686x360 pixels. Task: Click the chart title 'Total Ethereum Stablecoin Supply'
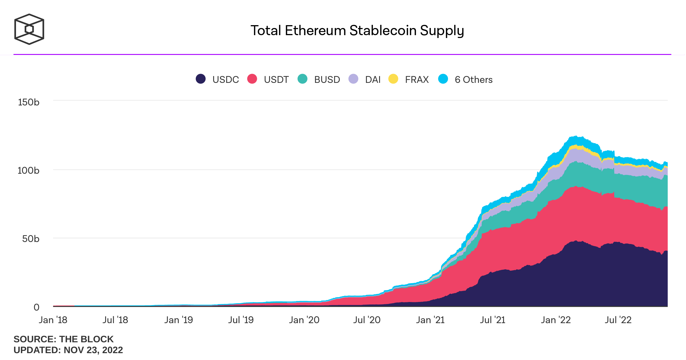357,31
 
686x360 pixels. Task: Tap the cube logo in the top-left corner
29,29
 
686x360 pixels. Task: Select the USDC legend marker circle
201,79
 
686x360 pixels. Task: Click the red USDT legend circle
252,79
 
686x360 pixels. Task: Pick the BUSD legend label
327,79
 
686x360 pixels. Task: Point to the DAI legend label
373,79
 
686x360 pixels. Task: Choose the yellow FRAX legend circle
393,79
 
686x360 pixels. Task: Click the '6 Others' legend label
473,79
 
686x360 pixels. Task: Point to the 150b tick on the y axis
29,102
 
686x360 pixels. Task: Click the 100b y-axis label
29,171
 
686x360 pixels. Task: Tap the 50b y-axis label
31,239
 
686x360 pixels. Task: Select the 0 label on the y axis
36,307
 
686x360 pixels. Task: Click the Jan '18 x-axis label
53,320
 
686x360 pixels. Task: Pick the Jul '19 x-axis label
241,320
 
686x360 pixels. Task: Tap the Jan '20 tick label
304,320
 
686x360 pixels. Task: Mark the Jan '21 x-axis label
430,320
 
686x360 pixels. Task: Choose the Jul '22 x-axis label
618,320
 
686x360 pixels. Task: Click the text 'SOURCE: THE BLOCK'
63,339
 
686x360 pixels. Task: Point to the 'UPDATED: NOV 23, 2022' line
68,350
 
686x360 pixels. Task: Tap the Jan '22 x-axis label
556,320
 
